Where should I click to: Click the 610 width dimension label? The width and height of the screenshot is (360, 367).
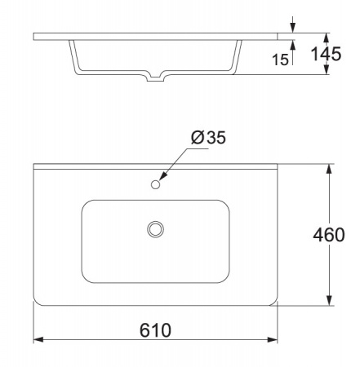pos(155,330)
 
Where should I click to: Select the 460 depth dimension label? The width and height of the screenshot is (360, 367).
pos(329,235)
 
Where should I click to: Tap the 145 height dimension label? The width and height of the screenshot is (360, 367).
pos(326,54)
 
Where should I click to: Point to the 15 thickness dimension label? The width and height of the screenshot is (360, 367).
pos(280,60)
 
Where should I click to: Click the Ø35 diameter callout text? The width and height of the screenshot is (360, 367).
pos(208,137)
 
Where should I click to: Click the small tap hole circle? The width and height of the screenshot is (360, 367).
pos(155,184)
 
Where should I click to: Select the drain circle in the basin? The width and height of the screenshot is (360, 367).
pos(155,229)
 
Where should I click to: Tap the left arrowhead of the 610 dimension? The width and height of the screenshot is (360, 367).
pos(38,339)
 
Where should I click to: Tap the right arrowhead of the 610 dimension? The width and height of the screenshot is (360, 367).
pos(273,339)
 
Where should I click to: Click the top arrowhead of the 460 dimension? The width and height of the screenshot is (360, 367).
pos(329,169)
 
